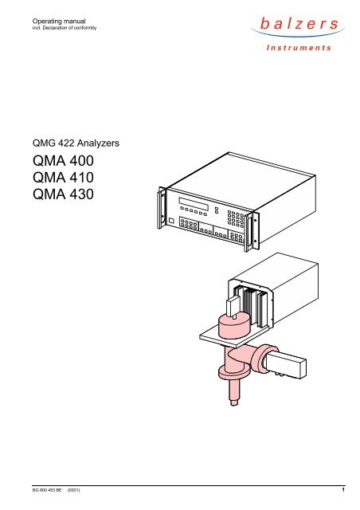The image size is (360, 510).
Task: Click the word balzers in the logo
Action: pos(299,24)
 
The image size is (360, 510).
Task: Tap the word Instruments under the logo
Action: pos(299,48)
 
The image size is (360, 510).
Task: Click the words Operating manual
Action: pos(59,22)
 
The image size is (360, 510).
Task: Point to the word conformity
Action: pos(85,28)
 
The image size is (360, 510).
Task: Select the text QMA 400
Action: pos(63,161)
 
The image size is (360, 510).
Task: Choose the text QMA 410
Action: pos(63,178)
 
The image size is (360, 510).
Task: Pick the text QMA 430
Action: pos(63,194)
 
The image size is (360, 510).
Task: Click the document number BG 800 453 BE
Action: pos(47,490)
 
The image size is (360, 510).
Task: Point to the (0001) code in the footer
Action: pos(73,490)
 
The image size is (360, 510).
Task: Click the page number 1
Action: pos(343,489)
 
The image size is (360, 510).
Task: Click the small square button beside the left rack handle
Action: pos(171,221)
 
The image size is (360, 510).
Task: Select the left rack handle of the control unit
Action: pos(162,207)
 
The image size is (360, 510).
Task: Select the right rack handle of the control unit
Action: pos(252,231)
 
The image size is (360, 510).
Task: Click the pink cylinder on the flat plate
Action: pos(233,326)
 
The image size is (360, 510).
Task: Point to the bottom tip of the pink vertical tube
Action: pos(234,404)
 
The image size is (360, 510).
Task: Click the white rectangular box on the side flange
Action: pos(285,366)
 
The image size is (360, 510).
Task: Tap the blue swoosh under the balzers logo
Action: pos(298,33)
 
